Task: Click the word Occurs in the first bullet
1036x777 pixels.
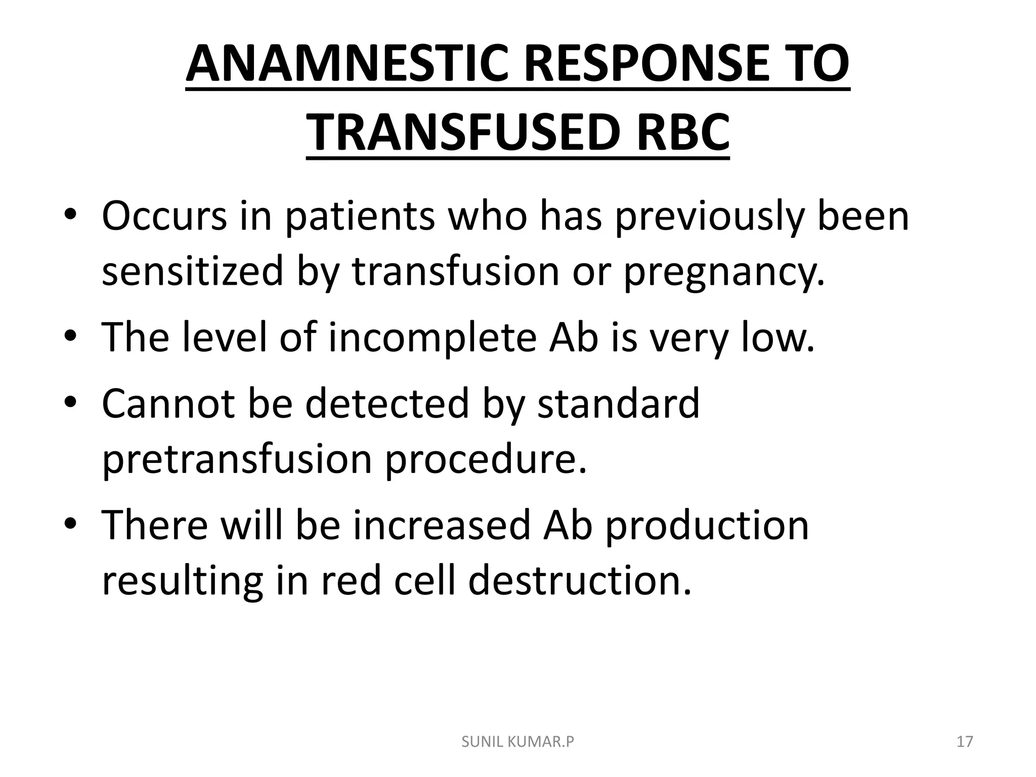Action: [x=164, y=216]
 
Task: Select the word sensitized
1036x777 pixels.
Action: [x=192, y=272]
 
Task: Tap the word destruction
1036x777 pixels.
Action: [x=580, y=581]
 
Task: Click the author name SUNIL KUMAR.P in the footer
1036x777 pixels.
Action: [x=518, y=742]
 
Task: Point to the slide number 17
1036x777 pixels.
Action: [x=965, y=742]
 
